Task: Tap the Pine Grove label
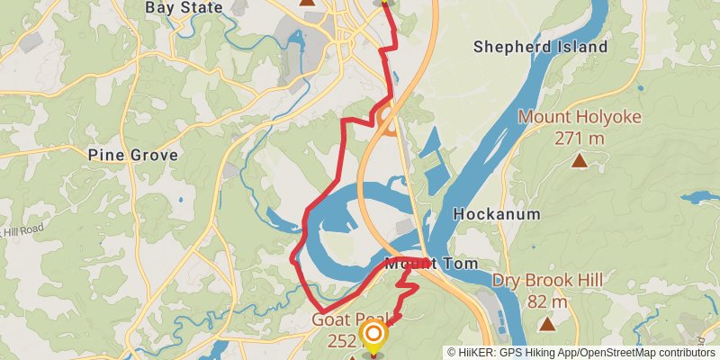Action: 132,155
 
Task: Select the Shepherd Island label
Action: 553,47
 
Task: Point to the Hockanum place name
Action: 497,214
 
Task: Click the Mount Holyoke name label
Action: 579,116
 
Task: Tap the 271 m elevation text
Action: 579,138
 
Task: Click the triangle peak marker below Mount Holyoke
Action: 579,161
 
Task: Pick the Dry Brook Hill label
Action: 547,281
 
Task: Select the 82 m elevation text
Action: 546,301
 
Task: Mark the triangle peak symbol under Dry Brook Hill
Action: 546,324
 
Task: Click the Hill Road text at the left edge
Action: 22,232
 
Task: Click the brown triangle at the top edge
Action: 307,3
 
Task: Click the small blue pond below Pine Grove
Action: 179,199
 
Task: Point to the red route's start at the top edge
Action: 385,3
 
